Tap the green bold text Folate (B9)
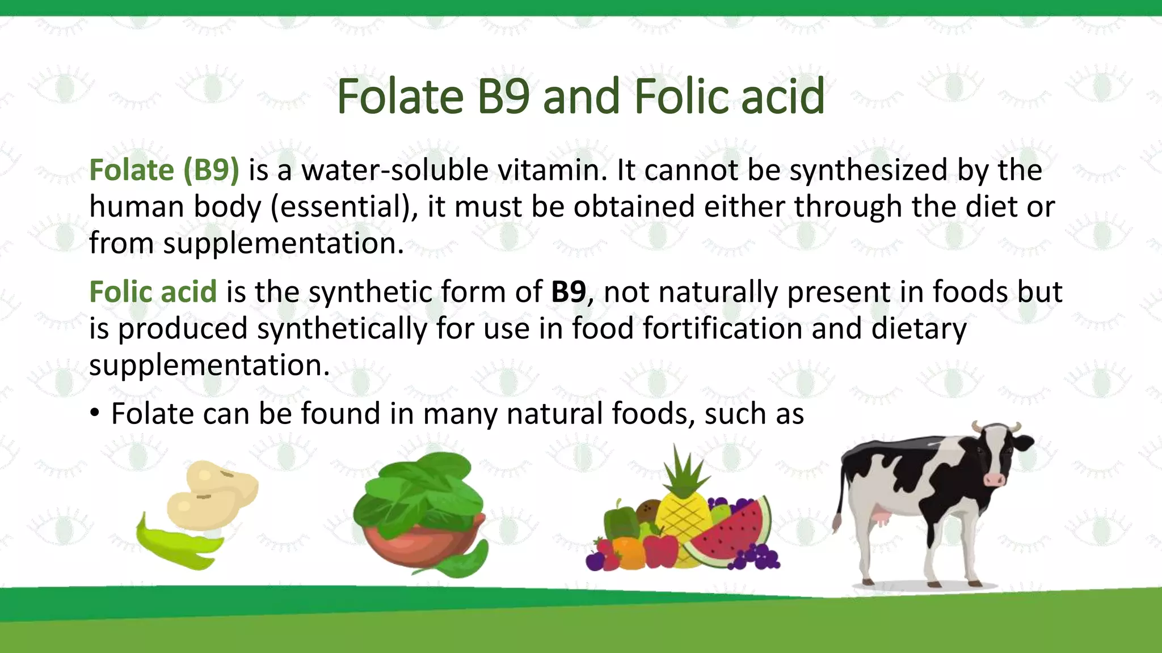[164, 170]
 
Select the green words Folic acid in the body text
[153, 292]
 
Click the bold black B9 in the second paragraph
[568, 292]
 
